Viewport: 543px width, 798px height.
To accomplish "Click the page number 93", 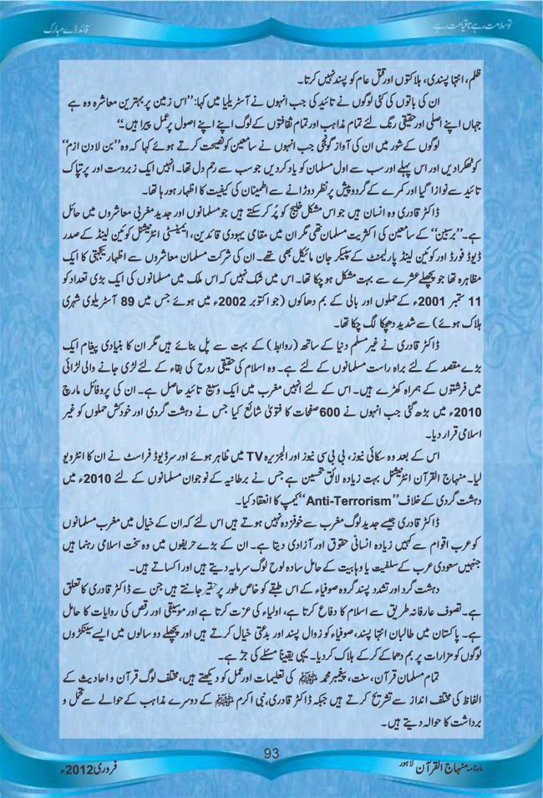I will pyautogui.click(x=271, y=754).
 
